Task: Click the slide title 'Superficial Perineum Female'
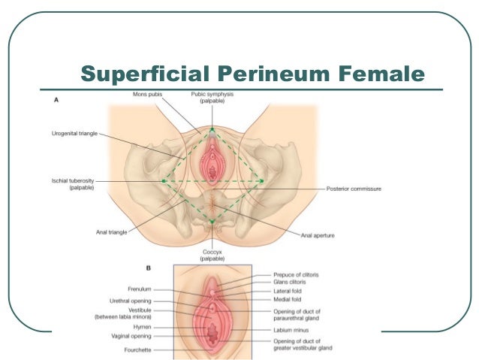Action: pos(252,74)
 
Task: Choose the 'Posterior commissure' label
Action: pos(354,189)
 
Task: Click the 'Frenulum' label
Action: pos(140,289)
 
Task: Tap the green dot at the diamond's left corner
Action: pos(164,181)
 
